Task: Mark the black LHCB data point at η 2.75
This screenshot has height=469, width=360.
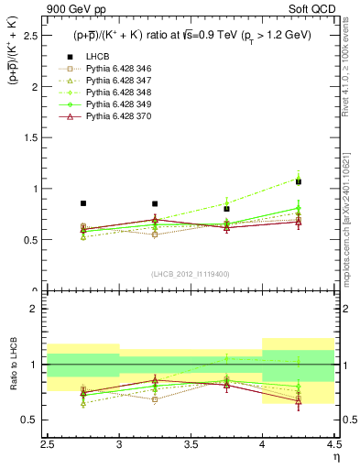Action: (83, 203)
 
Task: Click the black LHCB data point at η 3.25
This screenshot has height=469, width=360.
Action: (155, 203)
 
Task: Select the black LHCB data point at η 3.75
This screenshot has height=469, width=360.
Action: (226, 209)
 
